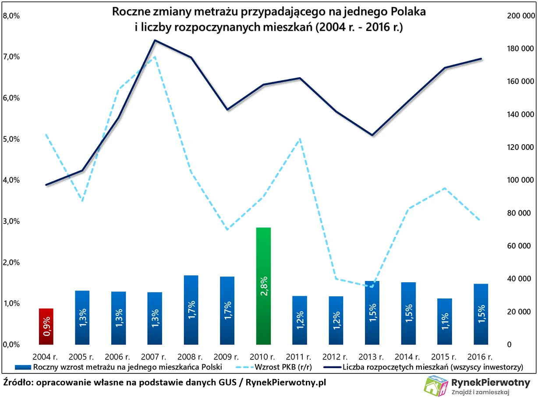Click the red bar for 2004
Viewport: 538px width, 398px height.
46,327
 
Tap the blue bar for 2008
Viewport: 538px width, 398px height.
191,309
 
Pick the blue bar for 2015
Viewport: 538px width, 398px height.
445,321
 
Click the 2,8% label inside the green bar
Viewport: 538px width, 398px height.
264,285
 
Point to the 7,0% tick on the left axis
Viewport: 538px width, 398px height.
11,57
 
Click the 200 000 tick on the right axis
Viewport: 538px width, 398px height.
520,16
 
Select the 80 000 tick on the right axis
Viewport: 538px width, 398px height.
522,213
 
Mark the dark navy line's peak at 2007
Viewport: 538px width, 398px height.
155,40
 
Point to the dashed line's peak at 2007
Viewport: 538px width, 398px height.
155,57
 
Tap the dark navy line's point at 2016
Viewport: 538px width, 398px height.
481,59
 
